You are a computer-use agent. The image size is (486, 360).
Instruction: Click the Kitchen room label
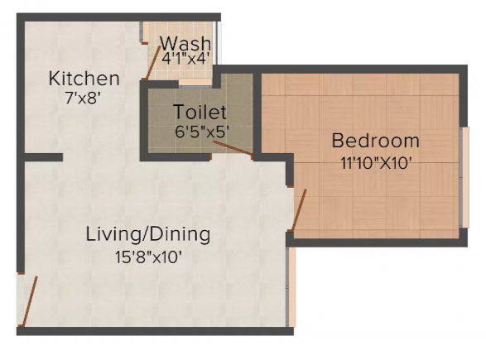click(84, 79)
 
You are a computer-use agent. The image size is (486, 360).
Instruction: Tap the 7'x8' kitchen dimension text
click(83, 98)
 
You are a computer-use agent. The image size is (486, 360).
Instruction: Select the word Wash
click(185, 43)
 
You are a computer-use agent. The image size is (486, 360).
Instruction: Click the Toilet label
click(200, 112)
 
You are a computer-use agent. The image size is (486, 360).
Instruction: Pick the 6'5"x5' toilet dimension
click(202, 132)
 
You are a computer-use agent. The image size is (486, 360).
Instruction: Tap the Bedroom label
click(376, 141)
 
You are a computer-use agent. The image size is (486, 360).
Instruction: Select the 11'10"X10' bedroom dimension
click(377, 163)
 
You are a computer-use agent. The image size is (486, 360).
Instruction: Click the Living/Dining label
click(148, 234)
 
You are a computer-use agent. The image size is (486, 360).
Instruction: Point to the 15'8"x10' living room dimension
click(148, 257)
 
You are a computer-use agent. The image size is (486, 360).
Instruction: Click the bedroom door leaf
click(299, 209)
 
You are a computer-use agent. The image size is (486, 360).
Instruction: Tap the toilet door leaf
click(233, 148)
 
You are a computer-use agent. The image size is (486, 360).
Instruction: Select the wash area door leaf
click(153, 63)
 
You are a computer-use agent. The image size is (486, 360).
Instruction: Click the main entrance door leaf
click(30, 300)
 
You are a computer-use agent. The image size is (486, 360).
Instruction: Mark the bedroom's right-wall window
click(464, 177)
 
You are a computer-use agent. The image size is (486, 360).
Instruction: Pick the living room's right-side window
click(291, 286)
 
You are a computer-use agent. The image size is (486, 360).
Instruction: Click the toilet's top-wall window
click(195, 83)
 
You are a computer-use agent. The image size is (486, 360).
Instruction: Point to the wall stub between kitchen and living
click(44, 157)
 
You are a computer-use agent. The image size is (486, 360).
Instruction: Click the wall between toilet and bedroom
click(257, 113)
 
